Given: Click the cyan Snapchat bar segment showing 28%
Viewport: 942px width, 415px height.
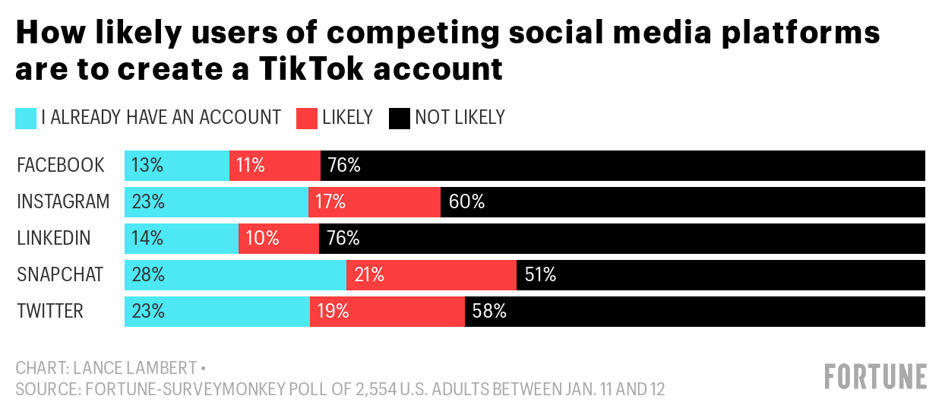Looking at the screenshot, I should (235, 275).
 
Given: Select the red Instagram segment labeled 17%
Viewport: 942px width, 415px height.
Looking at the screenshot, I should (374, 202).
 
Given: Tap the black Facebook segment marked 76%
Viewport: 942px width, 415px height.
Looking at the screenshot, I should (623, 166).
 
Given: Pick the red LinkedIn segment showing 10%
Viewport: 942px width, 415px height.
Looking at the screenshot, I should (278, 239).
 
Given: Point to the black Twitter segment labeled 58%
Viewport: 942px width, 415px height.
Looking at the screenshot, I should (694, 312).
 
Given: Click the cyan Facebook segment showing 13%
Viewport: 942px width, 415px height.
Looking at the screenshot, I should (177, 166).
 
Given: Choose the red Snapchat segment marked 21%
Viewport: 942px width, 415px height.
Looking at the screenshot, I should (431, 275).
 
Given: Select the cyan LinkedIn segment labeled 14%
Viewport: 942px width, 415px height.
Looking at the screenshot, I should (182, 239).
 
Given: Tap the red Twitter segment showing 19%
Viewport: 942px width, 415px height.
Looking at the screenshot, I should (387, 312).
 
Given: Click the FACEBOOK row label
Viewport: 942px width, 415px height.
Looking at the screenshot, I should (61, 166).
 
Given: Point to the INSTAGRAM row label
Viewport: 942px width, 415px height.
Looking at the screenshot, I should (63, 202).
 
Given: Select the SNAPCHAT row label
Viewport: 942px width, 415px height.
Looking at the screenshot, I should (60, 275).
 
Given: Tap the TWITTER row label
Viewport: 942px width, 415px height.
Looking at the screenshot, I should (50, 312).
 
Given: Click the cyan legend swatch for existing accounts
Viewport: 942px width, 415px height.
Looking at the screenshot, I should (26, 118).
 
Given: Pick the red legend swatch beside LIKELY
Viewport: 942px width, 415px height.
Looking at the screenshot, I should (306, 118).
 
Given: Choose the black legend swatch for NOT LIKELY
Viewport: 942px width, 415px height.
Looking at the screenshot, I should (400, 118).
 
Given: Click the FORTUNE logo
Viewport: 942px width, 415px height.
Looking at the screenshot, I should (876, 377).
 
